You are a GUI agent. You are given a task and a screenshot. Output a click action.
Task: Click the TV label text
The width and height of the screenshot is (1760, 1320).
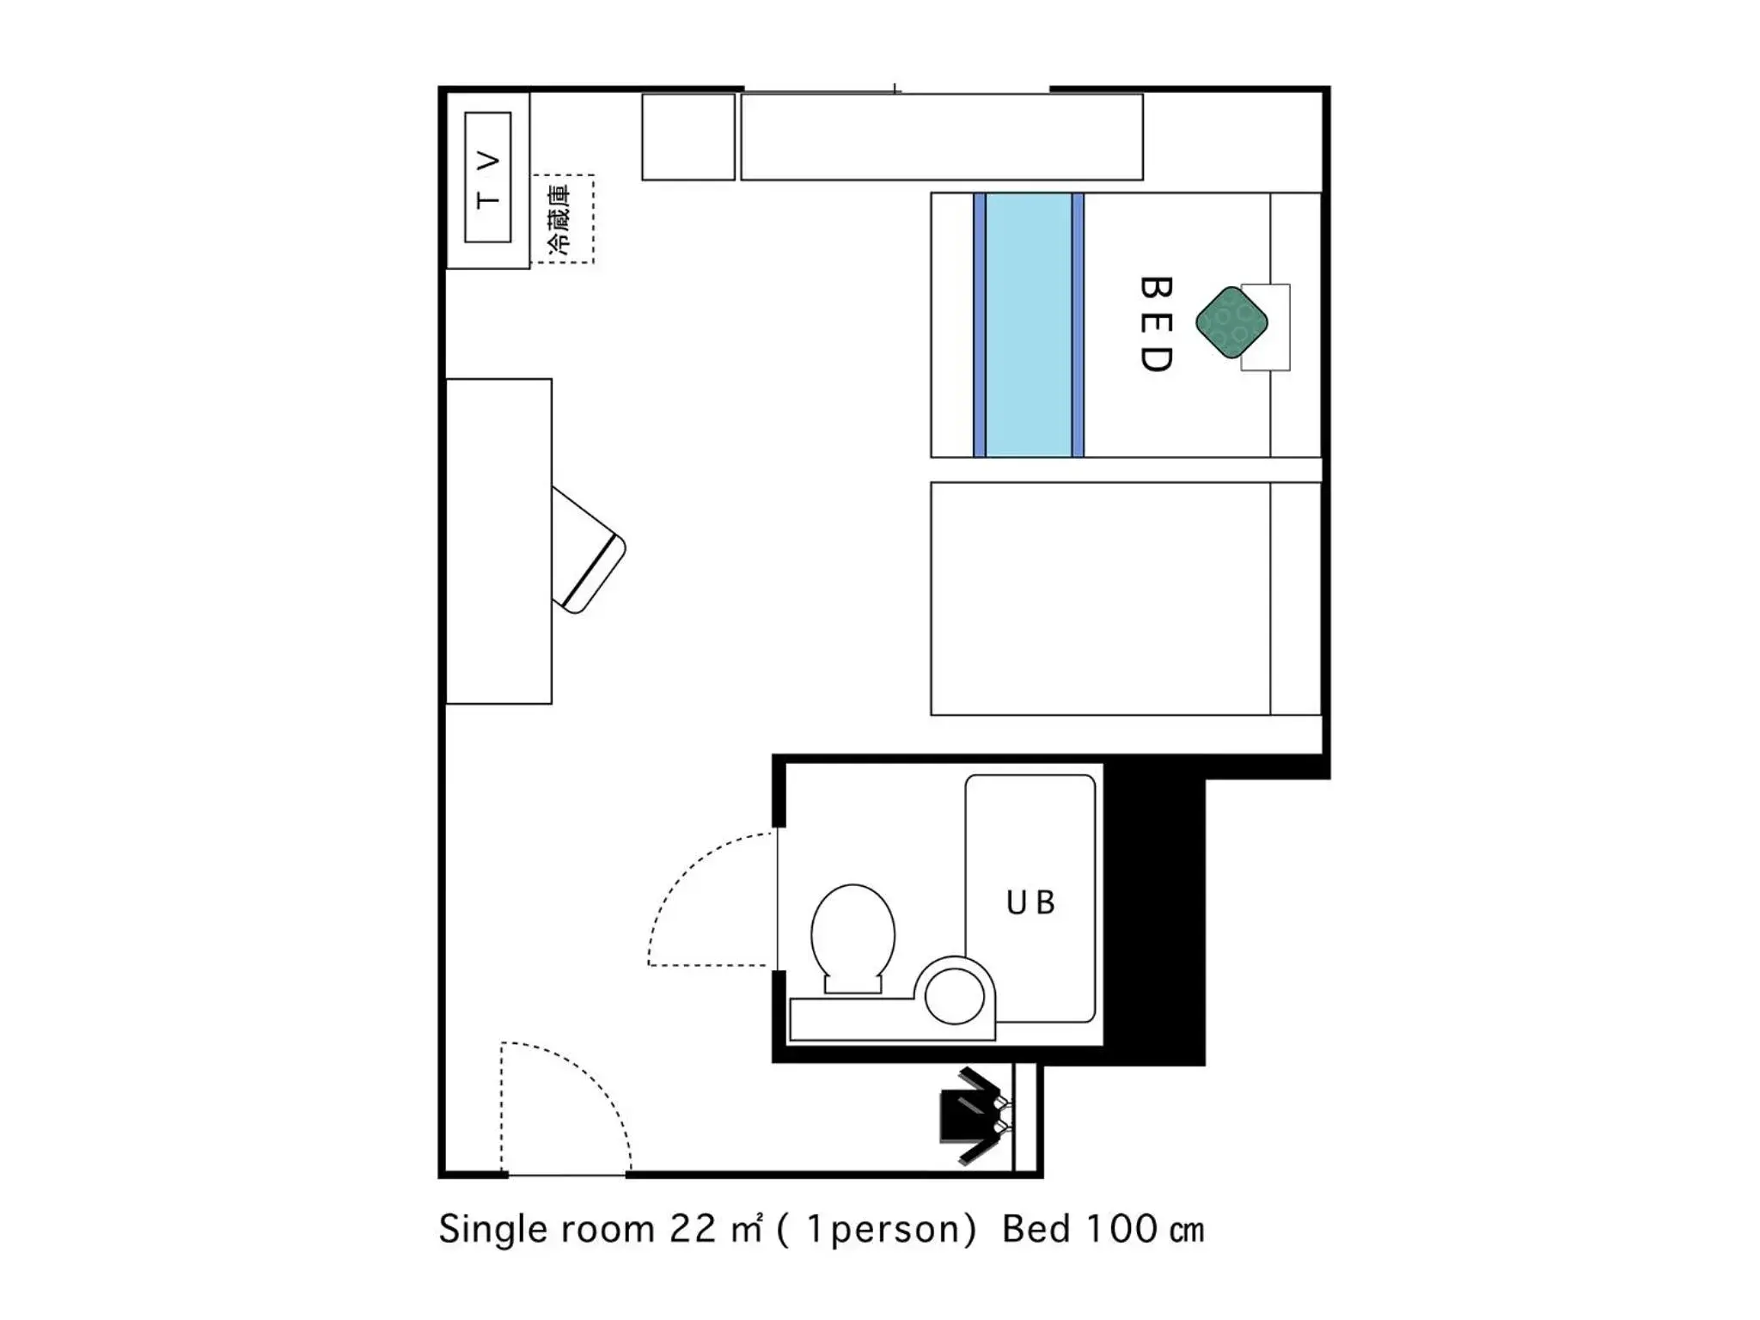pyautogui.click(x=487, y=179)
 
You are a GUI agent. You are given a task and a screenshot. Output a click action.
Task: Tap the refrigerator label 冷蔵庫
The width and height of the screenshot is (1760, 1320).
pyautogui.click(x=559, y=218)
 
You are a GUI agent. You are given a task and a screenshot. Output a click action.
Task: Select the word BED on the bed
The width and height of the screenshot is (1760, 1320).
pyautogui.click(x=1157, y=324)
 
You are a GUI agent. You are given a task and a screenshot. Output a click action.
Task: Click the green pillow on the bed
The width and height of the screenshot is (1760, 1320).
pyautogui.click(x=1231, y=322)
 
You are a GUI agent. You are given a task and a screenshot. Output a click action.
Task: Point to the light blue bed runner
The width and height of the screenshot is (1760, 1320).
pyautogui.click(x=1029, y=325)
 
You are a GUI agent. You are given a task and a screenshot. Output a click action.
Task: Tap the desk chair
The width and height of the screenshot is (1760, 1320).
pyautogui.click(x=588, y=550)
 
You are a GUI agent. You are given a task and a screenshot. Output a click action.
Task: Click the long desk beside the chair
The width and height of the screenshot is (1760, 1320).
pyautogui.click(x=498, y=541)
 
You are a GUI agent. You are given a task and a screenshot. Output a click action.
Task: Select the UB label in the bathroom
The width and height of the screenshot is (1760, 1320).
pyautogui.click(x=1030, y=902)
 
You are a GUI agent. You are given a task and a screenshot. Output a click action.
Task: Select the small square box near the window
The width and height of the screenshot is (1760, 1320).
pyautogui.click(x=688, y=137)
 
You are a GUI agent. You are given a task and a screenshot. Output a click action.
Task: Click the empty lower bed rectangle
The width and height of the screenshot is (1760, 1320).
pyautogui.click(x=1100, y=598)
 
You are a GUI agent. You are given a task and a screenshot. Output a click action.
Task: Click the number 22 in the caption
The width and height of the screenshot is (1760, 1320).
pyautogui.click(x=693, y=1229)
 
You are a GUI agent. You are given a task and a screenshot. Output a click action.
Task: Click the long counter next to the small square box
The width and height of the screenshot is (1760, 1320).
pyautogui.click(x=941, y=137)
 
